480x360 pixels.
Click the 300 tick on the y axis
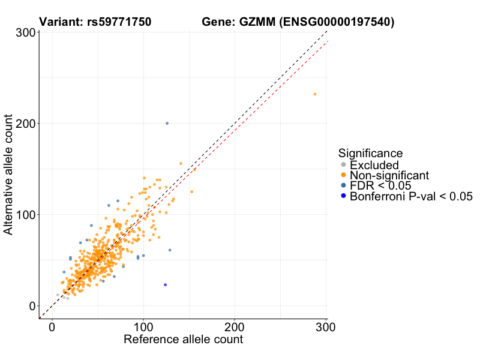click(x=24, y=32)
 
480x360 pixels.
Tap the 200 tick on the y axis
click(x=24, y=124)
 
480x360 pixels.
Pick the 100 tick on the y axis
click(x=24, y=215)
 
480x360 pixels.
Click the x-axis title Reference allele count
click(x=183, y=340)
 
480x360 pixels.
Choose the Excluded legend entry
click(x=374, y=165)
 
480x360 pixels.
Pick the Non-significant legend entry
click(x=389, y=175)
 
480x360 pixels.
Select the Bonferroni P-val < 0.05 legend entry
click(x=412, y=196)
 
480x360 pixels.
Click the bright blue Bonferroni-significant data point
click(x=165, y=284)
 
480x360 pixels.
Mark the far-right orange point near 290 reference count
click(x=314, y=94)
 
